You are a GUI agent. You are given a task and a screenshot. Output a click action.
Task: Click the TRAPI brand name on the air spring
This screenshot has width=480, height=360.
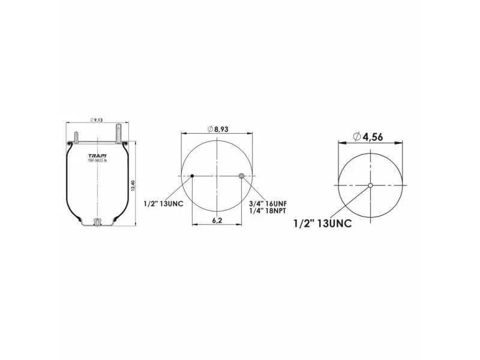[x=97, y=155]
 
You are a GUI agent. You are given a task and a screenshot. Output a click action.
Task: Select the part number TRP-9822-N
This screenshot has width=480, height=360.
[x=97, y=161]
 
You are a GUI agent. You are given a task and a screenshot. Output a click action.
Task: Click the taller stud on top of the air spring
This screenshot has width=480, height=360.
[x=119, y=133]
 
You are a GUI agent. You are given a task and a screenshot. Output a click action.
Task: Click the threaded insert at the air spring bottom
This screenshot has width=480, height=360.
[x=97, y=223]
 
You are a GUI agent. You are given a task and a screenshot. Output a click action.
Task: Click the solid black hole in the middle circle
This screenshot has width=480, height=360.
[x=192, y=176]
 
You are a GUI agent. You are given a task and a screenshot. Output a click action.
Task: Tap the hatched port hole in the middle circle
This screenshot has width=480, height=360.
[x=241, y=176]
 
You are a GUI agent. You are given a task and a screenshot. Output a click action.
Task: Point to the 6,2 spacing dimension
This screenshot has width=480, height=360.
[x=216, y=221]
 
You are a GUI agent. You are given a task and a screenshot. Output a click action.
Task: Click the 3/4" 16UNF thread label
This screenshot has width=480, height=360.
[x=267, y=204]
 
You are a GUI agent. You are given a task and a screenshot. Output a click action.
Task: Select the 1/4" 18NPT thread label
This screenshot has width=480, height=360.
[x=267, y=212]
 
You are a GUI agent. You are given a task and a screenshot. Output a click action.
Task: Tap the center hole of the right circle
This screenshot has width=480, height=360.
[x=371, y=185]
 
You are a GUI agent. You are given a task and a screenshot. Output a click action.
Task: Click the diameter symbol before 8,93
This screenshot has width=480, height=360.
[x=209, y=130]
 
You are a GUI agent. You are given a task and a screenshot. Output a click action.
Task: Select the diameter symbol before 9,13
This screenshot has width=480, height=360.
[x=92, y=121]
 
